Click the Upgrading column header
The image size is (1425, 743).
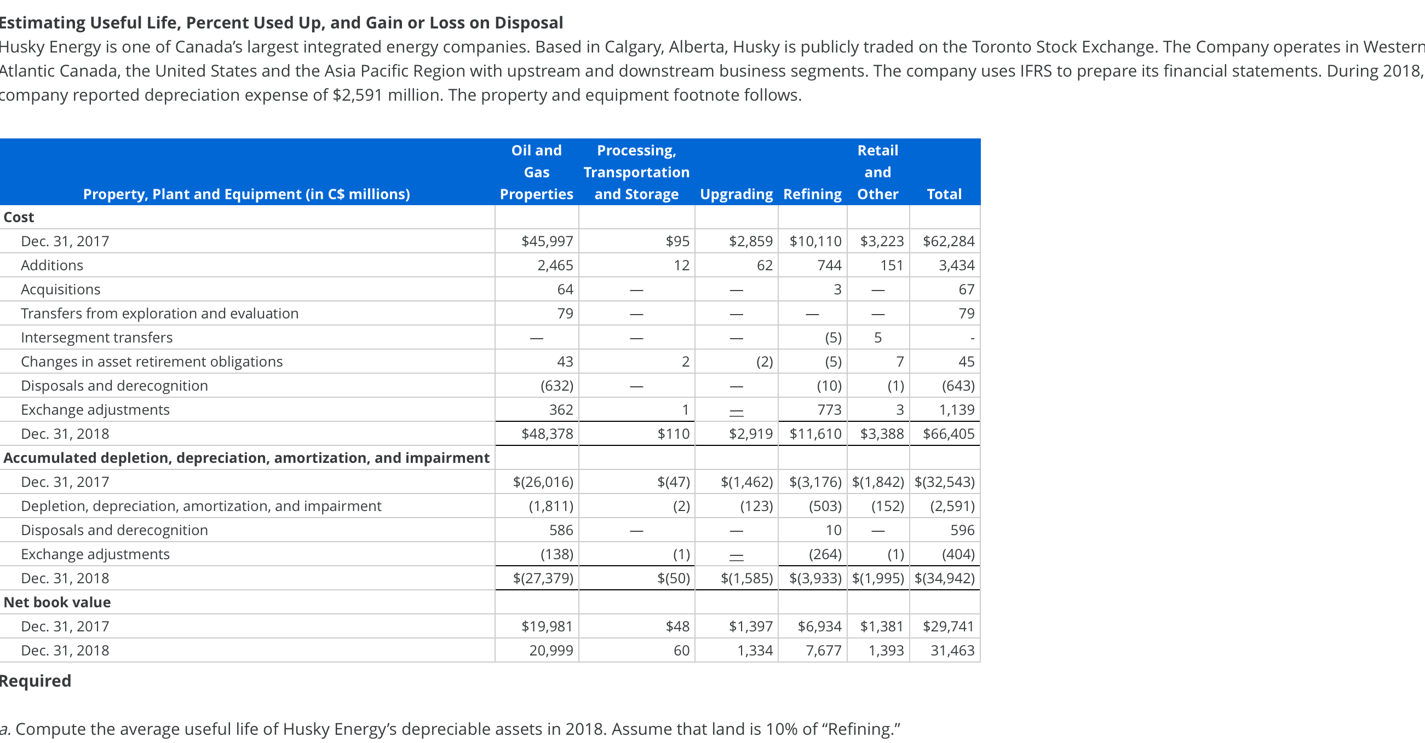click(x=736, y=194)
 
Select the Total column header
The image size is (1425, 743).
click(x=944, y=194)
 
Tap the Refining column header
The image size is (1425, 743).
click(x=812, y=194)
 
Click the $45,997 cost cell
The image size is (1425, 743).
click(x=547, y=241)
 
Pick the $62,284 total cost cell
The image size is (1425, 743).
click(x=948, y=241)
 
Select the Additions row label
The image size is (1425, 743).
click(x=52, y=265)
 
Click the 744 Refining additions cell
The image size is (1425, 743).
click(x=829, y=265)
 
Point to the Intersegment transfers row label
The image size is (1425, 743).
click(x=97, y=337)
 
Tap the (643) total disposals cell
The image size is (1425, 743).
click(x=957, y=385)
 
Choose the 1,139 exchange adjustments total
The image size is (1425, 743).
click(x=956, y=410)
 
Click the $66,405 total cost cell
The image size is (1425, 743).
click(x=948, y=434)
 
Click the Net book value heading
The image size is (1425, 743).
click(x=57, y=602)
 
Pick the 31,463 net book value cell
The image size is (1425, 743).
click(x=952, y=650)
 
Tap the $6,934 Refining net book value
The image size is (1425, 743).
click(x=819, y=626)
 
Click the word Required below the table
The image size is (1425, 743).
click(x=36, y=681)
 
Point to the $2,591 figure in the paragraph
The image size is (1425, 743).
click(x=358, y=95)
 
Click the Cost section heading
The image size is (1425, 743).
click(x=19, y=217)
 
